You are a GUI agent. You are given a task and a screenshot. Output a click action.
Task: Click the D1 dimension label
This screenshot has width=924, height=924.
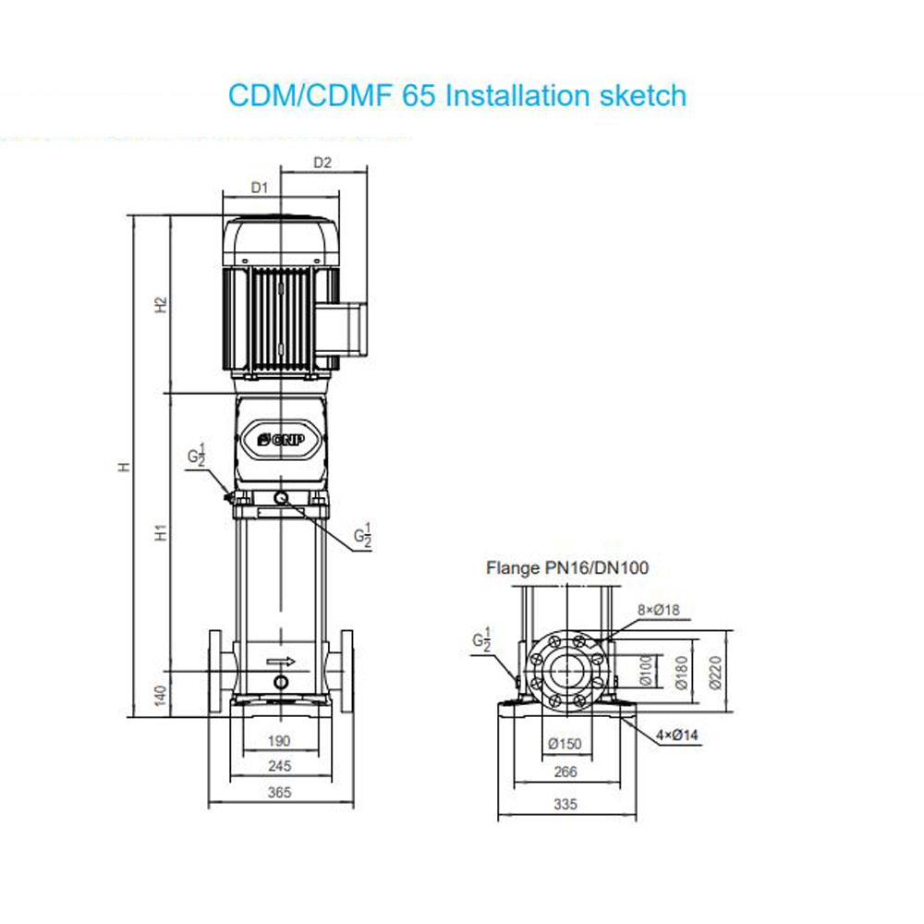pyautogui.click(x=260, y=188)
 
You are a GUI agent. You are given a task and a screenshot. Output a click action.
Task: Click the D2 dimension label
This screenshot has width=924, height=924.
pyautogui.click(x=322, y=163)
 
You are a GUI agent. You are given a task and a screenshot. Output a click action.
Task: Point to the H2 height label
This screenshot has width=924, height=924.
pyautogui.click(x=161, y=305)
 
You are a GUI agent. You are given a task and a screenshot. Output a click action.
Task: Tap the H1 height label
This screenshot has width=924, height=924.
pyautogui.click(x=161, y=532)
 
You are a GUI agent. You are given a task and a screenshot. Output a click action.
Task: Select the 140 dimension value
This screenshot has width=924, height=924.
pyautogui.click(x=160, y=696)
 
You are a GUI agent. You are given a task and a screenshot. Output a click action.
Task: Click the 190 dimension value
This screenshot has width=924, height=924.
pyautogui.click(x=279, y=741)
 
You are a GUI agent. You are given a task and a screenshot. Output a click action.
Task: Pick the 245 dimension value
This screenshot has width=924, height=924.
pyautogui.click(x=279, y=766)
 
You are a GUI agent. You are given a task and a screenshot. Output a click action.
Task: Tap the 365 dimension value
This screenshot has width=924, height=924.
pyautogui.click(x=279, y=793)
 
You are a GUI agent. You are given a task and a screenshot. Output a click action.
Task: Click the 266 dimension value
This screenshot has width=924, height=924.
pyautogui.click(x=565, y=772)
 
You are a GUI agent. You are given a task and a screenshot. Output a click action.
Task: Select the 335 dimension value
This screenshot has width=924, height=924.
pyautogui.click(x=565, y=805)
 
